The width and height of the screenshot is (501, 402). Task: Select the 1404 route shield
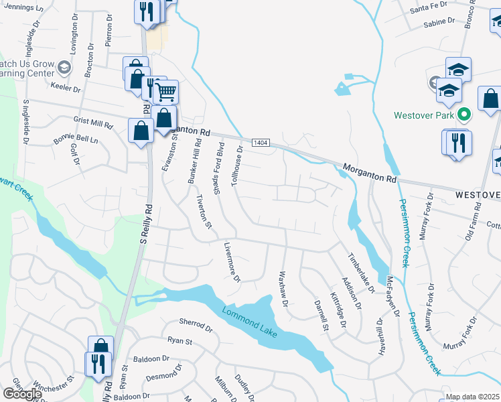tap(261, 143)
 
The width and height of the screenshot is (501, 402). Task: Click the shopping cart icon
tap(165, 90)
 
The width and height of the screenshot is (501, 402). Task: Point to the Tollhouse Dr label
tap(236, 169)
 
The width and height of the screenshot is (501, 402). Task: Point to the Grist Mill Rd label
tap(94, 124)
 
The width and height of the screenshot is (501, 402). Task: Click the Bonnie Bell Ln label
tap(76, 141)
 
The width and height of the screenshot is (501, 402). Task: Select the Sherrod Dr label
tap(196, 330)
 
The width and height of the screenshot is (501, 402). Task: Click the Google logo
tap(21, 394)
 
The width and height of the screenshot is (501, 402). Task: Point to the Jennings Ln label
tap(21, 8)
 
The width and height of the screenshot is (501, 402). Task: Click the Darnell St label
tap(321, 315)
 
